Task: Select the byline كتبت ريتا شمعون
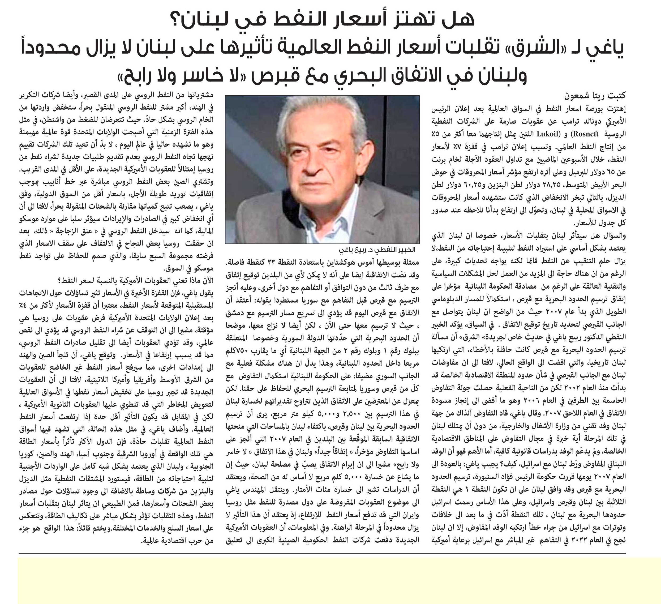(595, 96)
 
